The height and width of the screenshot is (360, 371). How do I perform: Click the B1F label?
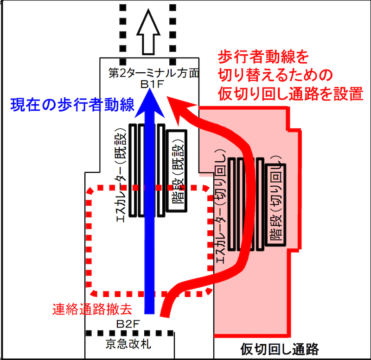(152, 84)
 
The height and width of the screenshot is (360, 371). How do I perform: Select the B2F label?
(128, 324)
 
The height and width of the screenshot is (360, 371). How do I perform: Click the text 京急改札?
(128, 344)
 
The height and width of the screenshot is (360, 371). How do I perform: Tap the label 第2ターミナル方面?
(154, 73)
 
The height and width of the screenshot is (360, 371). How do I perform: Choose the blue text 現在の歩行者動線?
(72, 104)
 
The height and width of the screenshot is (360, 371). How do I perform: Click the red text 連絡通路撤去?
(92, 309)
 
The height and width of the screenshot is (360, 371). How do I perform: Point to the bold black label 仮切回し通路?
(280, 349)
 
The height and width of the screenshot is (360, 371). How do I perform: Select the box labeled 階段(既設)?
(177, 171)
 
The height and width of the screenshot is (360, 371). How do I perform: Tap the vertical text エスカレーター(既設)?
(122, 175)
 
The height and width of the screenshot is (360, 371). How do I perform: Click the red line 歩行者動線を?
(263, 57)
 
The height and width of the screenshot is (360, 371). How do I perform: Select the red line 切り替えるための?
(275, 76)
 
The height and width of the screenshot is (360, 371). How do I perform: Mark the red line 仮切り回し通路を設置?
(291, 94)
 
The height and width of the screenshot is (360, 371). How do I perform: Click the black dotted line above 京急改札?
(130, 333)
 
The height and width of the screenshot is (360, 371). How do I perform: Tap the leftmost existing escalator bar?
(133, 170)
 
